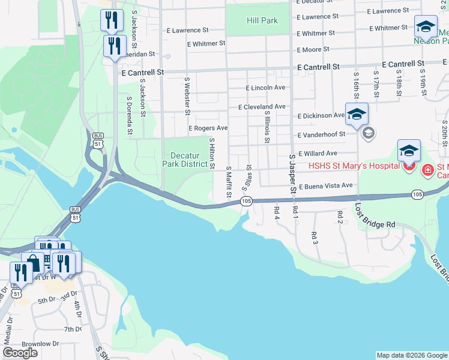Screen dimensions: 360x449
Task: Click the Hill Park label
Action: [x=262, y=20]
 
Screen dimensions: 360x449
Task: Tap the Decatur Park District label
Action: [x=185, y=160]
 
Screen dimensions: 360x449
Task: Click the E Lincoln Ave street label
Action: [x=266, y=88]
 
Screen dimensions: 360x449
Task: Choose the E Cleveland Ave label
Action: [x=262, y=107]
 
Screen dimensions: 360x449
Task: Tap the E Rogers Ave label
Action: [x=208, y=128]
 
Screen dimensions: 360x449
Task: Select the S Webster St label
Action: [x=187, y=95]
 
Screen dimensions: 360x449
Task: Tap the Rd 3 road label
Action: [x=314, y=236]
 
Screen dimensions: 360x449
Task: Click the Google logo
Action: [x=20, y=353]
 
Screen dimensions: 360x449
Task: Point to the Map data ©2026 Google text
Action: [x=411, y=355]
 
